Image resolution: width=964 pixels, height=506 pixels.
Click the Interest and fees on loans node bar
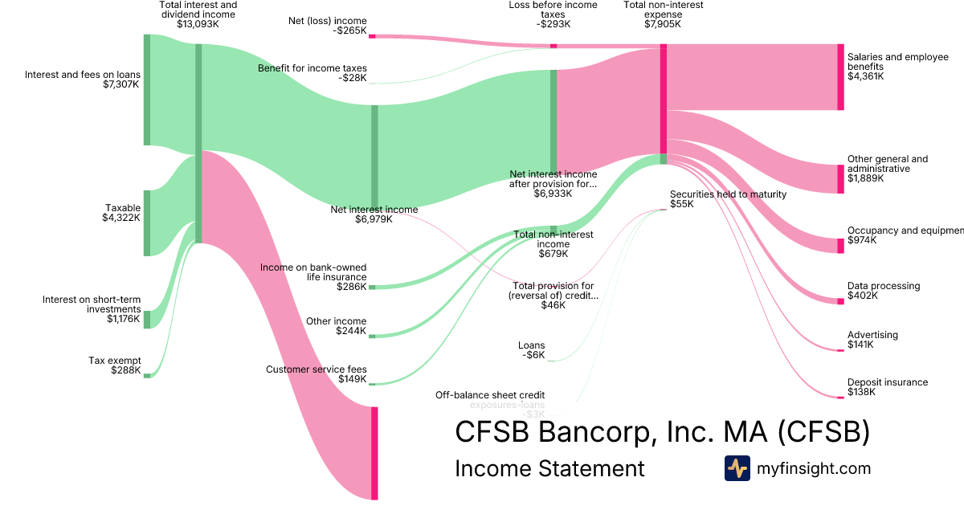point(147,90)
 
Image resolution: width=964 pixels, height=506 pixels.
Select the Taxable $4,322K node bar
point(147,223)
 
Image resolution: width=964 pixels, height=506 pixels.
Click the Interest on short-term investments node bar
point(147,320)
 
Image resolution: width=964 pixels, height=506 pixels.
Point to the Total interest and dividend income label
point(198,14)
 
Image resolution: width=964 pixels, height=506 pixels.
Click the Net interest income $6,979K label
point(374,214)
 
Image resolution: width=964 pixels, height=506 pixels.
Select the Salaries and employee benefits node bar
point(840,77)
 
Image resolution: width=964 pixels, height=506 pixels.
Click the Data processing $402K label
point(884,291)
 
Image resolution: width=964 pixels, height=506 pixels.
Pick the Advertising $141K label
point(872,340)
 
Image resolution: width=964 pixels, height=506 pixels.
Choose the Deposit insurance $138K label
point(887,387)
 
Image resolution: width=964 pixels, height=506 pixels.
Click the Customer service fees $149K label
point(316,374)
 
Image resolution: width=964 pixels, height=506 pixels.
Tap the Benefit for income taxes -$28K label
point(312,73)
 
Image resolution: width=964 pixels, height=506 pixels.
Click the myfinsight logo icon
point(737,468)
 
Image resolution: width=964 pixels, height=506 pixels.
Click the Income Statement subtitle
point(549,468)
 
